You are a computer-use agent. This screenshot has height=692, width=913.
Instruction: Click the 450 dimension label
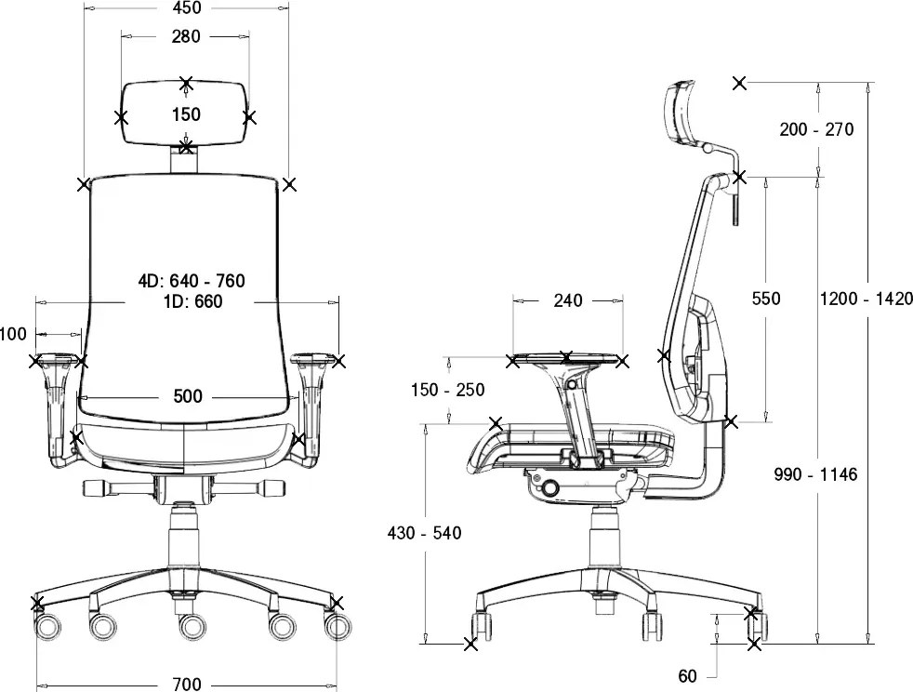tap(187, 7)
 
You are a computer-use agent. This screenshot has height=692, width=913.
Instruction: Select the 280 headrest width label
tap(186, 36)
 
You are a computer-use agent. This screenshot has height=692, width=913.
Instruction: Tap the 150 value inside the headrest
tap(186, 114)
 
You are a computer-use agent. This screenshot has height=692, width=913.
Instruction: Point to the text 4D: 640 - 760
tap(192, 281)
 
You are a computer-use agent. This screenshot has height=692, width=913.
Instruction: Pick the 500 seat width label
tap(188, 396)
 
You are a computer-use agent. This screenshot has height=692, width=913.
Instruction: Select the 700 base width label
tap(187, 684)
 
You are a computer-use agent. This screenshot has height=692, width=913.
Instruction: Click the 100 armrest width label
tap(13, 334)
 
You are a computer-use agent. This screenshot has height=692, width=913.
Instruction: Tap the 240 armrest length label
tap(568, 300)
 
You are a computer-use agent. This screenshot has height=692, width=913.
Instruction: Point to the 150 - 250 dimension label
tap(448, 389)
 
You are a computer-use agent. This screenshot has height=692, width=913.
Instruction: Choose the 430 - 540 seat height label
tap(425, 532)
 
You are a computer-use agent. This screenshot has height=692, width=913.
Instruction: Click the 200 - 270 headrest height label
tap(816, 128)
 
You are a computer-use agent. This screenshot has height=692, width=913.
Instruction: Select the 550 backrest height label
tap(766, 299)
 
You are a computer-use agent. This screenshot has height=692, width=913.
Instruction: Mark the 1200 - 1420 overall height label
tap(866, 299)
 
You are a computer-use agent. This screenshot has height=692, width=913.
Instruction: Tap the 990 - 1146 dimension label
tap(815, 474)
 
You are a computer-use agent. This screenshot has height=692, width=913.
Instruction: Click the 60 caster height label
tap(688, 675)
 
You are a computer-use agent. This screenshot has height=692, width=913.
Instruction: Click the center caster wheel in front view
tap(192, 626)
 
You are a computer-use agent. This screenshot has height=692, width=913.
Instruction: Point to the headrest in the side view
tap(680, 112)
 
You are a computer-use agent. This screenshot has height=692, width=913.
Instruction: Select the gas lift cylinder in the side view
tap(603, 539)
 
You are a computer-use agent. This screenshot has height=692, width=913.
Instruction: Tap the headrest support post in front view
tap(184, 158)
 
